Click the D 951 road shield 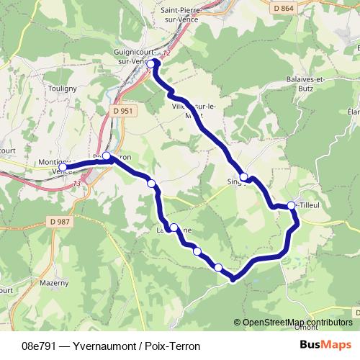point(123,111)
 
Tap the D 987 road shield point(63,221)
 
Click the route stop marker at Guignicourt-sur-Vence point(150,63)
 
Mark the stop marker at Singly point(244,177)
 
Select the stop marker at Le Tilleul point(292,206)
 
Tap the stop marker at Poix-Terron point(107,156)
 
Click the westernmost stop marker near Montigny point(63,168)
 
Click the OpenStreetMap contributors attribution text point(297,322)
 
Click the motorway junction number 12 point(168,53)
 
